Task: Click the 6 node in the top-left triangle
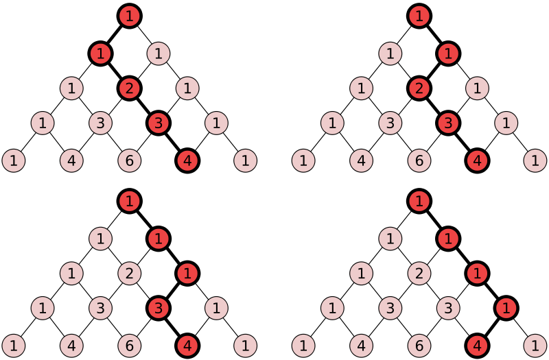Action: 130,160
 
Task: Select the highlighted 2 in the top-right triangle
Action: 419,88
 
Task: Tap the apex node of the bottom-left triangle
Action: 130,201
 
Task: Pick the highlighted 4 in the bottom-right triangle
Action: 477,346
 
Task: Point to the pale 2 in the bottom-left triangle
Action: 130,273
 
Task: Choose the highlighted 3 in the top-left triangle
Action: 159,123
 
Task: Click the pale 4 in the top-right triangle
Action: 362,160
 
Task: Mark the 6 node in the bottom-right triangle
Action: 419,346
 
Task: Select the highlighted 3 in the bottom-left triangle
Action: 159,308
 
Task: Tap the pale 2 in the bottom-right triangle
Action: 419,273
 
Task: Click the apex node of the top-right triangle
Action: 419,16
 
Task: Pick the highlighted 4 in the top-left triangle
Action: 187,160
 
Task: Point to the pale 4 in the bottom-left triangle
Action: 71,346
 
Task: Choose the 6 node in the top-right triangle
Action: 419,160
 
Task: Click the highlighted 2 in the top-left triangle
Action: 130,88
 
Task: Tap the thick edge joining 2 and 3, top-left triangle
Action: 144,106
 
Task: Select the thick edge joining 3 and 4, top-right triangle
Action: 463,142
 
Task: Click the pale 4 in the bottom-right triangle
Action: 362,346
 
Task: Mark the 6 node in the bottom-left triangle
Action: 130,346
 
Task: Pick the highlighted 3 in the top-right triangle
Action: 448,123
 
